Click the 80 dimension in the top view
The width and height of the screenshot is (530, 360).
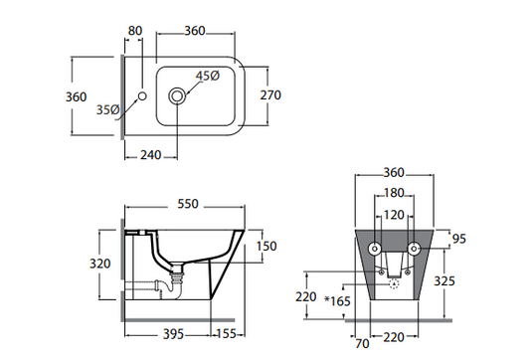135,31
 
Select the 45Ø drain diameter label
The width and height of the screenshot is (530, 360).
208,76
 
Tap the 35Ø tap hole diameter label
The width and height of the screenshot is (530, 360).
107,109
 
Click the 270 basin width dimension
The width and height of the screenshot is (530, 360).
270,95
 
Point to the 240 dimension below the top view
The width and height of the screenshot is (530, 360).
151,155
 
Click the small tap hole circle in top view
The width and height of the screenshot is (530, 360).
142,96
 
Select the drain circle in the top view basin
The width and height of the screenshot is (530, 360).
177,96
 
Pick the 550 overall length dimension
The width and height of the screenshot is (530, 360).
188,204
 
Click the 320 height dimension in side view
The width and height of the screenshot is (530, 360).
100,264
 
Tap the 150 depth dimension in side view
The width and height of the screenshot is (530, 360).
266,246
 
